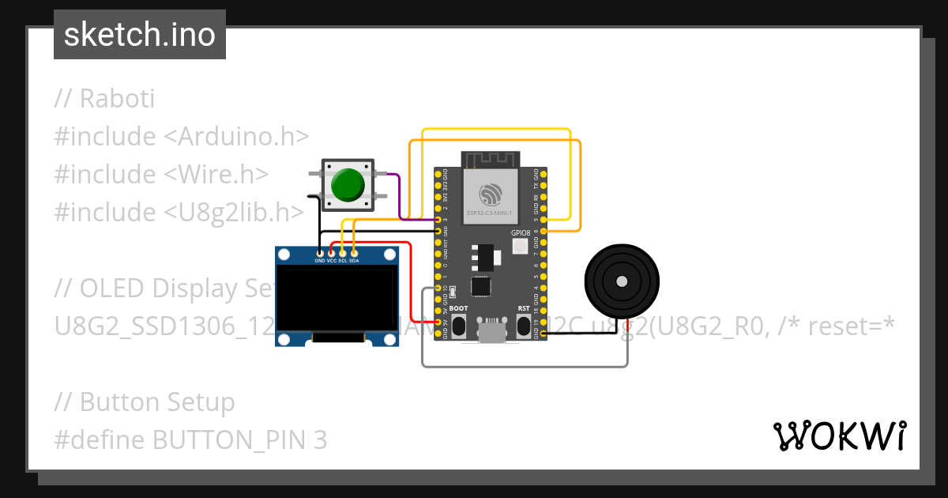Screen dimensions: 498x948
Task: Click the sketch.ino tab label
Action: point(139,35)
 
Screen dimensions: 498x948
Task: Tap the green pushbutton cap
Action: point(348,183)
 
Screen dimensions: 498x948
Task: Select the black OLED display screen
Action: point(337,298)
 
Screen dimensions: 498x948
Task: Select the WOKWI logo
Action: point(839,436)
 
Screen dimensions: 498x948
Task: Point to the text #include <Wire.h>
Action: point(161,175)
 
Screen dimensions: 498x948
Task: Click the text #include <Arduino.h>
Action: point(181,137)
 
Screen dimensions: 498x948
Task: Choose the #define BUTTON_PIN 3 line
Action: point(190,440)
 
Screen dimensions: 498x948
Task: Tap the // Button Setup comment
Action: point(145,402)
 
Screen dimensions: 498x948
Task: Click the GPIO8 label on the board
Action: point(521,233)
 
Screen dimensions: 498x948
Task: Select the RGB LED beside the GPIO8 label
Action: point(521,246)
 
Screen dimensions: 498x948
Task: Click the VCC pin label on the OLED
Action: point(331,260)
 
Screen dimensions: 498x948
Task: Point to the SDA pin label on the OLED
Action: point(354,260)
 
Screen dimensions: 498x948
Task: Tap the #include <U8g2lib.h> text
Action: point(179,212)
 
